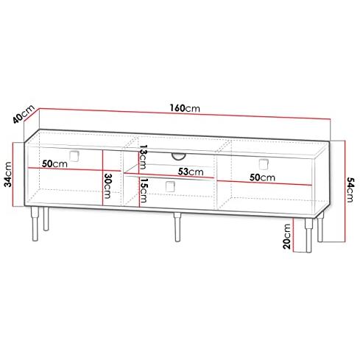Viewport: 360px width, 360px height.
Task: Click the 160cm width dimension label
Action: coord(185,108)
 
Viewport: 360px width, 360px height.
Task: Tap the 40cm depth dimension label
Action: coord(24,114)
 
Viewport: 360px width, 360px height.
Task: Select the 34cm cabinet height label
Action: coord(8,174)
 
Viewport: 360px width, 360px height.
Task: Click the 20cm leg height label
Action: coord(286,236)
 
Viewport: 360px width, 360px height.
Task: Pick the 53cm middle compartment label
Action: coord(191,172)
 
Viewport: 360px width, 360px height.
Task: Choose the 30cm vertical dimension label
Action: coord(107,186)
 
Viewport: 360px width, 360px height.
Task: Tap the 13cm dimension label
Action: coord(143,157)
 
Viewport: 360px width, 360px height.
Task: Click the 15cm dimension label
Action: coord(143,190)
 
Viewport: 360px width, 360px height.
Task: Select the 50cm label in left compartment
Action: coord(54,163)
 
